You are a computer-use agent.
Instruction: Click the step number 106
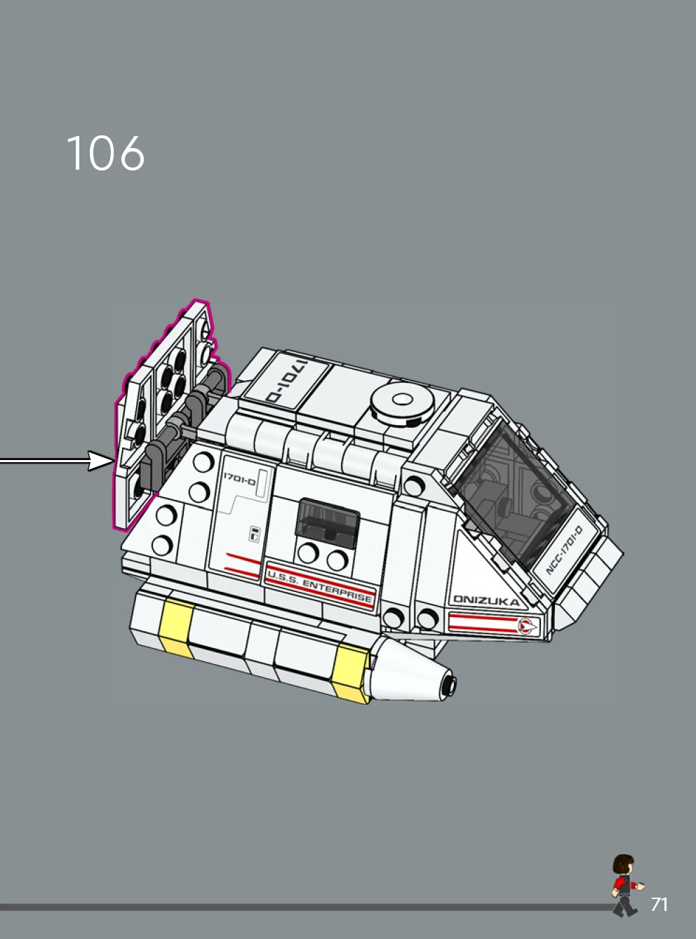click(x=105, y=154)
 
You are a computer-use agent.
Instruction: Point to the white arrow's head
click(x=101, y=461)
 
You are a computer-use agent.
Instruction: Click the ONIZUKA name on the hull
click(x=486, y=600)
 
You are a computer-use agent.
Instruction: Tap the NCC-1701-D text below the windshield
click(x=564, y=550)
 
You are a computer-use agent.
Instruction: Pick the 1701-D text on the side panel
click(x=239, y=480)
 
